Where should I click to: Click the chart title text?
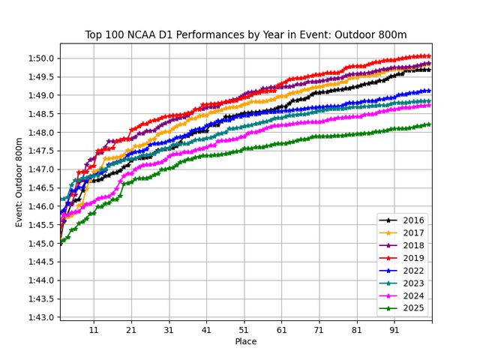(246, 34)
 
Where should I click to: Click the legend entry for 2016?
(413, 220)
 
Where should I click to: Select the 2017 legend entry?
(413, 236)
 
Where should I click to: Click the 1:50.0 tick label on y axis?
(39, 58)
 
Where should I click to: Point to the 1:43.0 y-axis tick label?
(39, 317)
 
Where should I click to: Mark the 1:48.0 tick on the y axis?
(39, 133)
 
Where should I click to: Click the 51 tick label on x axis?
(244, 330)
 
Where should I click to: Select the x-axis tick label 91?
(394, 330)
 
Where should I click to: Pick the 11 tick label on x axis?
(94, 330)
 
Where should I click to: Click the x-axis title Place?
(246, 342)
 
